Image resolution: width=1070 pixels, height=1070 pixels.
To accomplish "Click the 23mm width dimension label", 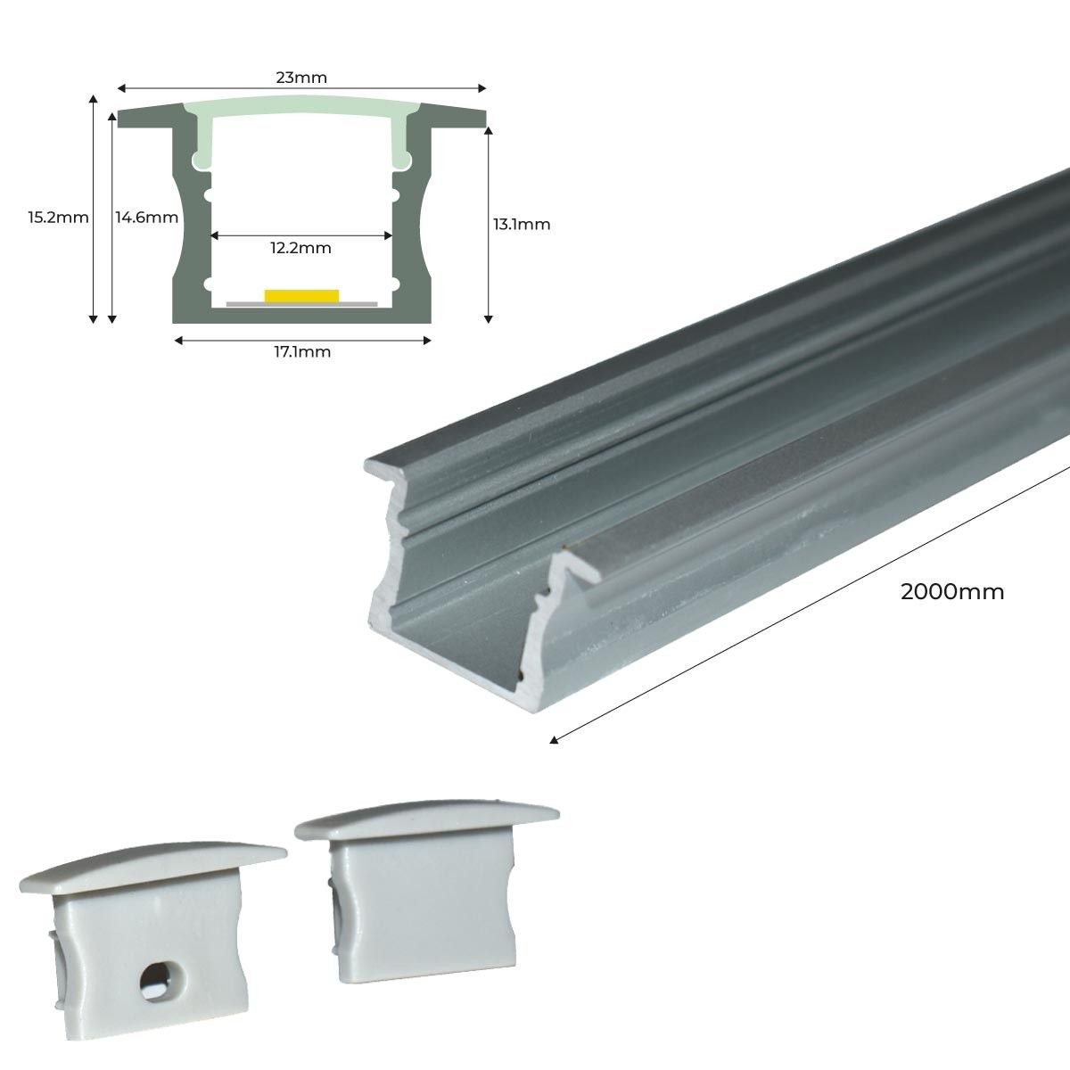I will (301, 78).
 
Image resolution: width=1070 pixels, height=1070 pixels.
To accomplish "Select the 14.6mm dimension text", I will (147, 217).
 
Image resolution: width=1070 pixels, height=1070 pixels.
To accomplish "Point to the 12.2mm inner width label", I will (301, 248).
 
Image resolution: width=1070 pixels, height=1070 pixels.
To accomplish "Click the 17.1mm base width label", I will (301, 351).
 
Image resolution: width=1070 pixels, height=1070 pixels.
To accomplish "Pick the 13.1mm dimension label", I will (522, 224).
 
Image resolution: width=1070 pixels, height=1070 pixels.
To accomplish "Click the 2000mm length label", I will (952, 591).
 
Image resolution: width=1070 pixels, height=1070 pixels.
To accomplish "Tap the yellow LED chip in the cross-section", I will (301, 294).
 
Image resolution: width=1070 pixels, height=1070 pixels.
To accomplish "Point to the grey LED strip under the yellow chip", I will (301, 304).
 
